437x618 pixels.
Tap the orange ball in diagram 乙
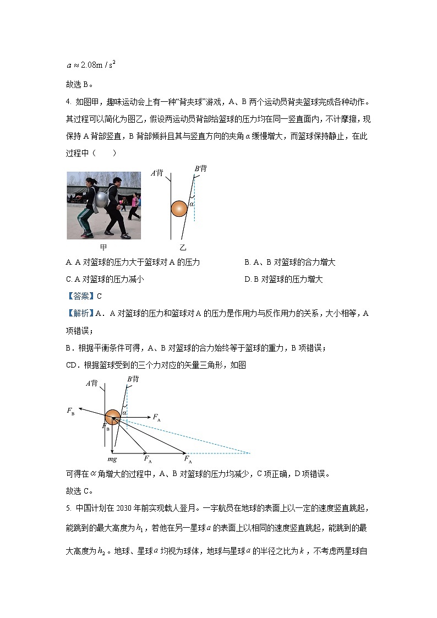click(x=179, y=209)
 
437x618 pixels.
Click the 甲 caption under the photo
click(x=103, y=248)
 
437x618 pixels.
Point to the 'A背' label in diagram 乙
click(x=157, y=173)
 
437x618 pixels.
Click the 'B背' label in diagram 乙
click(x=201, y=168)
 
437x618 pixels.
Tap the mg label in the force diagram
click(x=112, y=458)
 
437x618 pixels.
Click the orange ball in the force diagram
click(x=113, y=417)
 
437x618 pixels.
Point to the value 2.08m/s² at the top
click(x=97, y=65)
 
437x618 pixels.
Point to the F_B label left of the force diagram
click(x=71, y=411)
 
